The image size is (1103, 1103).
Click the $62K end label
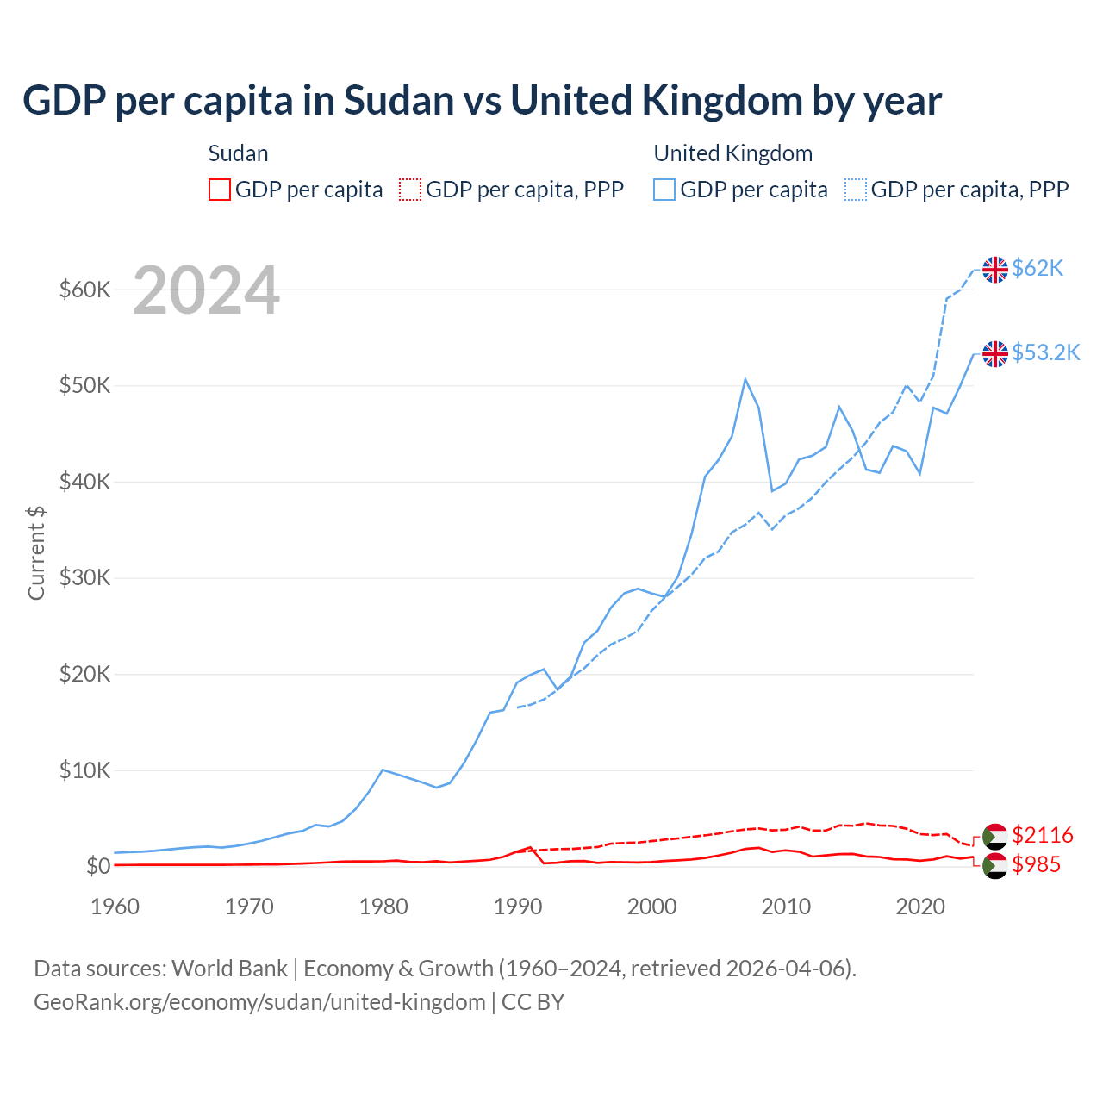(x=1038, y=269)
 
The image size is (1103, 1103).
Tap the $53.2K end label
(x=1045, y=352)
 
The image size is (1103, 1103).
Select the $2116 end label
(x=1042, y=835)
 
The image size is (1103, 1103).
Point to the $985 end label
(x=1036, y=864)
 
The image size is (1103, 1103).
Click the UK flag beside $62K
(x=995, y=270)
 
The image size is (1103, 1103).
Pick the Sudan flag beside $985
(x=995, y=866)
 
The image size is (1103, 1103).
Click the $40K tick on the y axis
(x=84, y=482)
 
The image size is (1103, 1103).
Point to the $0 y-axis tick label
(x=98, y=866)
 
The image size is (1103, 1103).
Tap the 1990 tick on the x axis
(x=518, y=907)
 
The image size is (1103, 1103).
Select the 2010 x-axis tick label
(x=786, y=907)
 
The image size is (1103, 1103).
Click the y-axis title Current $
(x=36, y=552)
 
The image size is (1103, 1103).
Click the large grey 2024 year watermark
(x=206, y=290)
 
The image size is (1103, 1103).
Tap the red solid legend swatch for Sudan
(x=220, y=190)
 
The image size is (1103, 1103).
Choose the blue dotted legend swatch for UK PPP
(x=856, y=190)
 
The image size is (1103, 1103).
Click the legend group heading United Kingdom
(x=732, y=153)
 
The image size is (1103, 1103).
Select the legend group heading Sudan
(x=238, y=153)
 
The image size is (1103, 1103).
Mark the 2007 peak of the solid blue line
(x=745, y=379)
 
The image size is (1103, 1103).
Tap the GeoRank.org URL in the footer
(x=259, y=1002)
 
